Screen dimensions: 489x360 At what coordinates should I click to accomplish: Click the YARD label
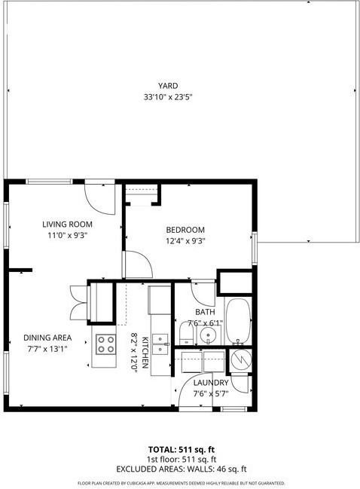tap(168, 86)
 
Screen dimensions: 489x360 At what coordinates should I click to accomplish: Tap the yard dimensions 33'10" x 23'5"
tap(168, 96)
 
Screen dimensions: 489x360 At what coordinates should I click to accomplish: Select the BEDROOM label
tap(185, 230)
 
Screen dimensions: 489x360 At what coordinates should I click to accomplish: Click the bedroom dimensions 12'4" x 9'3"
tap(185, 241)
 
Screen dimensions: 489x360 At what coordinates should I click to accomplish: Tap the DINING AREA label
tap(47, 338)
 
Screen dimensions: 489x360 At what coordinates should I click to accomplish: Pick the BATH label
tap(206, 312)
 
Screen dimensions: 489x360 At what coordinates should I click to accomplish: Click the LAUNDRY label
tap(211, 383)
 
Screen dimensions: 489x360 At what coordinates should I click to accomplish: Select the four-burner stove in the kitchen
tap(105, 345)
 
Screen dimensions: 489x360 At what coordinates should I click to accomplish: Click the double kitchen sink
tap(160, 343)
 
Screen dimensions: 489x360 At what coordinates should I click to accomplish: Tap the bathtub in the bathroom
tap(239, 322)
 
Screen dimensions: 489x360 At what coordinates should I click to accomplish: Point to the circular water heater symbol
tap(240, 360)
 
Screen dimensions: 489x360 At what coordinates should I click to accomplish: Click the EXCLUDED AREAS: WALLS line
tap(180, 469)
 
